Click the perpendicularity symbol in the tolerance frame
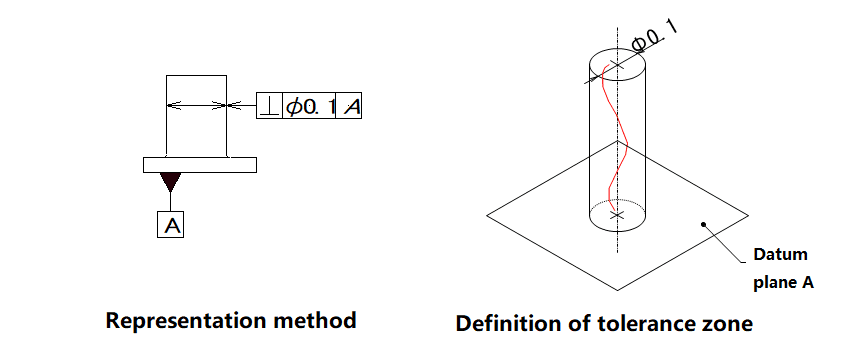(269, 106)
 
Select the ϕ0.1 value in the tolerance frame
(309, 106)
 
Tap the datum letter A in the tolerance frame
(351, 106)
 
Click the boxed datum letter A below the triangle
(171, 225)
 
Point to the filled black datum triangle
(170, 181)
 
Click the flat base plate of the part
(200, 165)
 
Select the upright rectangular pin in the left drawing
(196, 116)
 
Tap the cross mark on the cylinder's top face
(617, 65)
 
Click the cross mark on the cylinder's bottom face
(617, 215)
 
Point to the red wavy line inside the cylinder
(615, 138)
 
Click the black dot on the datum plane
(703, 224)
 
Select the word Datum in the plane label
(780, 255)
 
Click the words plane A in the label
(783, 283)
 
